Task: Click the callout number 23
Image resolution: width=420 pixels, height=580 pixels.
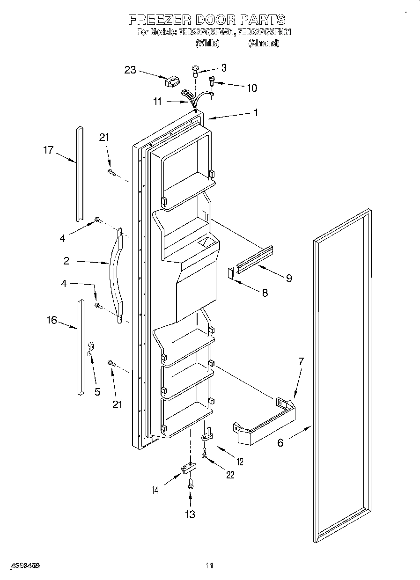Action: tap(130, 70)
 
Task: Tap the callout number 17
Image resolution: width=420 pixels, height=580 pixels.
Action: tap(49, 150)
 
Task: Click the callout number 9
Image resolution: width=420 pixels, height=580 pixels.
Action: tap(289, 278)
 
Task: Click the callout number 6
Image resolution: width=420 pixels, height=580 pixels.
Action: tap(280, 442)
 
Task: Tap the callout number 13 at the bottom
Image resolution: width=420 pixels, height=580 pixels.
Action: tap(190, 514)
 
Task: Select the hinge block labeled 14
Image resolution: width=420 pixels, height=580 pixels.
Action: tap(188, 468)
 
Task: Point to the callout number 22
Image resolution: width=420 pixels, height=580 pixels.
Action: tap(229, 474)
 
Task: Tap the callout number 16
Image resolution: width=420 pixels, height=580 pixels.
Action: tap(52, 320)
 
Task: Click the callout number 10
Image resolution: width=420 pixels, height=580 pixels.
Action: tap(251, 88)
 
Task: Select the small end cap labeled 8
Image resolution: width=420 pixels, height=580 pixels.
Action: tap(230, 273)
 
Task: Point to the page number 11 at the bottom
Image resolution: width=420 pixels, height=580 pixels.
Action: tap(209, 566)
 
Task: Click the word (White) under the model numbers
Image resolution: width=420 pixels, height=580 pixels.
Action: tap(207, 43)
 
